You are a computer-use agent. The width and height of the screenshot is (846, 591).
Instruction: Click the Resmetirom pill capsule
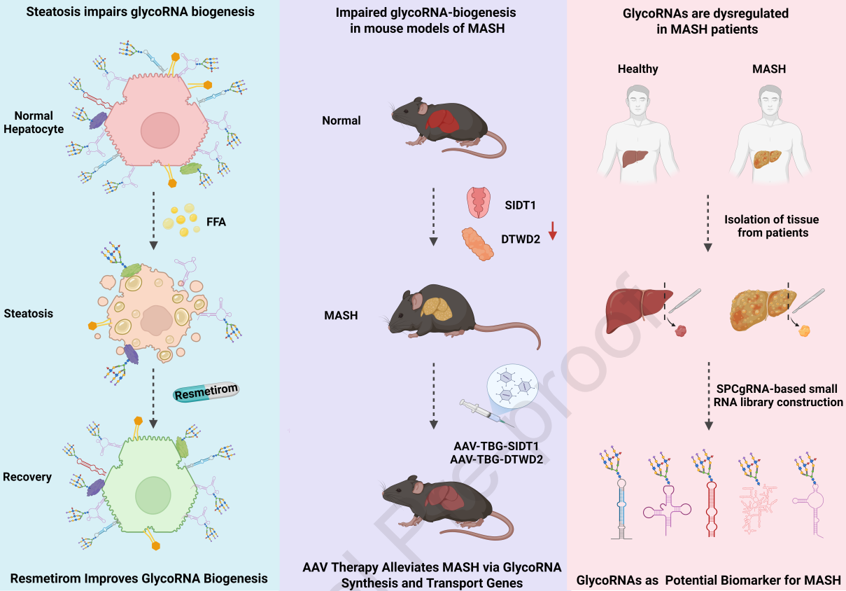(x=206, y=392)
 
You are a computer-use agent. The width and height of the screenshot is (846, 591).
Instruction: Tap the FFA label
(x=216, y=222)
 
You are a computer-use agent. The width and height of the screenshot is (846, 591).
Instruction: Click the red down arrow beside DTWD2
(x=553, y=231)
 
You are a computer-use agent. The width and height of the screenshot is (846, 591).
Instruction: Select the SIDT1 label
(x=520, y=205)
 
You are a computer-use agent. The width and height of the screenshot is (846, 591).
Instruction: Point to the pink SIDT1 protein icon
(x=479, y=202)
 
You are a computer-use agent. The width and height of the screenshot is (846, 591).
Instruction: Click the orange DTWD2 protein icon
(x=477, y=244)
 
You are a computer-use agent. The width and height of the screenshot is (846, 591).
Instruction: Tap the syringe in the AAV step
(x=486, y=413)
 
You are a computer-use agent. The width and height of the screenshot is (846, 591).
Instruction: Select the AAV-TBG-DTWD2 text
(x=496, y=459)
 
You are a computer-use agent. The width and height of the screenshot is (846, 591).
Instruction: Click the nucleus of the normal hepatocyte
(x=160, y=130)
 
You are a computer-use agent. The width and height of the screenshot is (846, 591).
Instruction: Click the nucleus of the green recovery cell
(x=153, y=495)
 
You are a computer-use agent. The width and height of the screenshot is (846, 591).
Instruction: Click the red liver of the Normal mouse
(x=443, y=121)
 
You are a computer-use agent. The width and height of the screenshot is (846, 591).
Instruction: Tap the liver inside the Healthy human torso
(x=635, y=158)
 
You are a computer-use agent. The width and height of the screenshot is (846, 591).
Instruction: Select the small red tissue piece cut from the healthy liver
(x=681, y=331)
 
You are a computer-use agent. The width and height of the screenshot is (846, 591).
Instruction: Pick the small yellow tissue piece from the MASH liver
(x=804, y=331)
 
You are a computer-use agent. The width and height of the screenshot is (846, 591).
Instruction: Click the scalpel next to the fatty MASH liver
(x=808, y=301)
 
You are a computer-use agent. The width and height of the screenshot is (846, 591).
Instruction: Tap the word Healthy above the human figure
(x=638, y=69)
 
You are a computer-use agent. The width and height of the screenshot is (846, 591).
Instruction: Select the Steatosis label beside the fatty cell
(x=28, y=313)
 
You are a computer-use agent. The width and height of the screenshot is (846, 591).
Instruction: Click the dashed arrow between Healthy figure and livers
(x=707, y=223)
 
